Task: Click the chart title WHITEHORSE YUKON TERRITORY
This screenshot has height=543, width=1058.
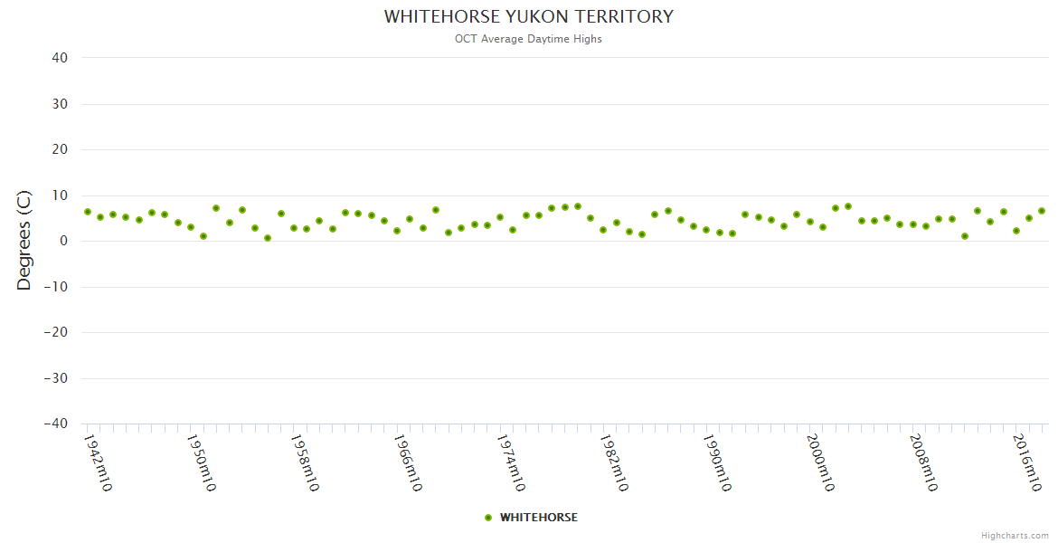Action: point(529,17)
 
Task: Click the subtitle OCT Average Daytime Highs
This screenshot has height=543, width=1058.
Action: point(528,39)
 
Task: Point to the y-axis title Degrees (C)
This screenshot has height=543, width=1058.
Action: point(24,241)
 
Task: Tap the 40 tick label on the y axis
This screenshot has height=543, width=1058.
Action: point(60,58)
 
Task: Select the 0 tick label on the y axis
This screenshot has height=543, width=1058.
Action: point(63,242)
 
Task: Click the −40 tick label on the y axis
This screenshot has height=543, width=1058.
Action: point(55,424)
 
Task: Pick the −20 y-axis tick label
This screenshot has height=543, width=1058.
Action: point(55,333)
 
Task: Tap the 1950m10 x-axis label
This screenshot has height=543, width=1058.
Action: point(201,462)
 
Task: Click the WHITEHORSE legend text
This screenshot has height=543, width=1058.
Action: point(538,518)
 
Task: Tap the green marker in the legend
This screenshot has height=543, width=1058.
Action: point(488,518)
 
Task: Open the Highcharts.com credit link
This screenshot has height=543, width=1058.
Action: point(1015,535)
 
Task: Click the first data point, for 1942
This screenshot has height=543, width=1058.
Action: point(88,212)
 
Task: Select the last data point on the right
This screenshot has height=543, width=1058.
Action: point(1042,211)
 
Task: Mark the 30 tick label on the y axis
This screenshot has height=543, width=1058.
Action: point(60,104)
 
